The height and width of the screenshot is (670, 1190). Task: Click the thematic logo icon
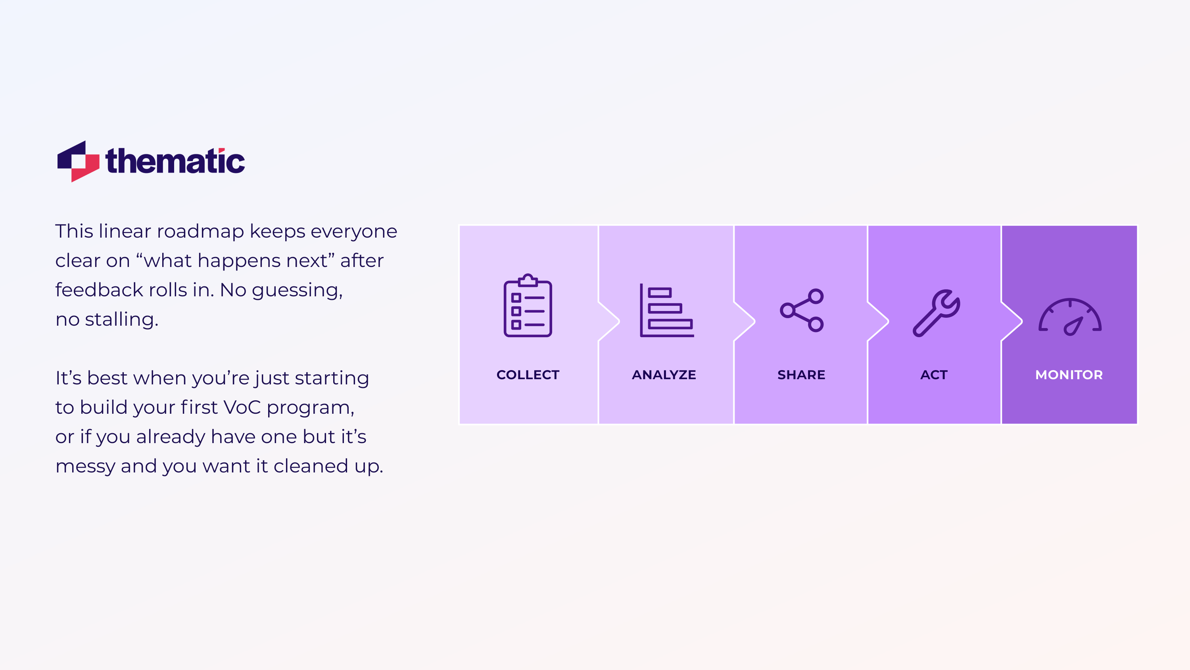point(78,161)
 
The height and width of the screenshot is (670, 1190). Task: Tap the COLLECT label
point(528,375)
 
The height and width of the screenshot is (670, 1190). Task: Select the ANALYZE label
point(664,375)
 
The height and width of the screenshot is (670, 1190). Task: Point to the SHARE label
point(801,375)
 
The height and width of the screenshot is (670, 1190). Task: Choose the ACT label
point(934,375)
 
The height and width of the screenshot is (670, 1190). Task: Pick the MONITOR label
point(1069,375)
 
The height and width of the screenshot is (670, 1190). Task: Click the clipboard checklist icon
point(528,306)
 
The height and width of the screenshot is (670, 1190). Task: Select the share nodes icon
point(802,311)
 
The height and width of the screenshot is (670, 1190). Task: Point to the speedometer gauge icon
point(1070,317)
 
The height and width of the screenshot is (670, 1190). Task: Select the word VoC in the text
point(242,407)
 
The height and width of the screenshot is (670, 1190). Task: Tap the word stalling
point(121,320)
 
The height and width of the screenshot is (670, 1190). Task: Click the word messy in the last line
point(85,467)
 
